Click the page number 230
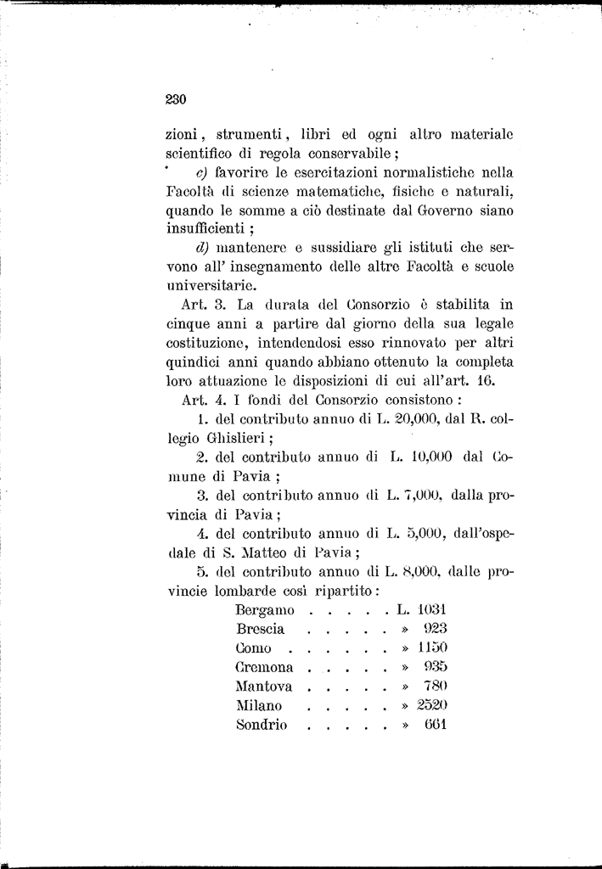click(x=175, y=99)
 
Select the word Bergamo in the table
click(x=265, y=610)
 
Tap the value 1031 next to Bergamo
click(x=433, y=609)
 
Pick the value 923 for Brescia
click(x=435, y=629)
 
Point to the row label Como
click(x=253, y=648)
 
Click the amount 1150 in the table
click(x=433, y=648)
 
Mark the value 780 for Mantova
click(x=436, y=687)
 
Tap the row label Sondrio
click(x=262, y=725)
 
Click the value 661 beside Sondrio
click(x=436, y=725)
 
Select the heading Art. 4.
click(x=202, y=400)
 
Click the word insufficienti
click(x=204, y=228)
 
